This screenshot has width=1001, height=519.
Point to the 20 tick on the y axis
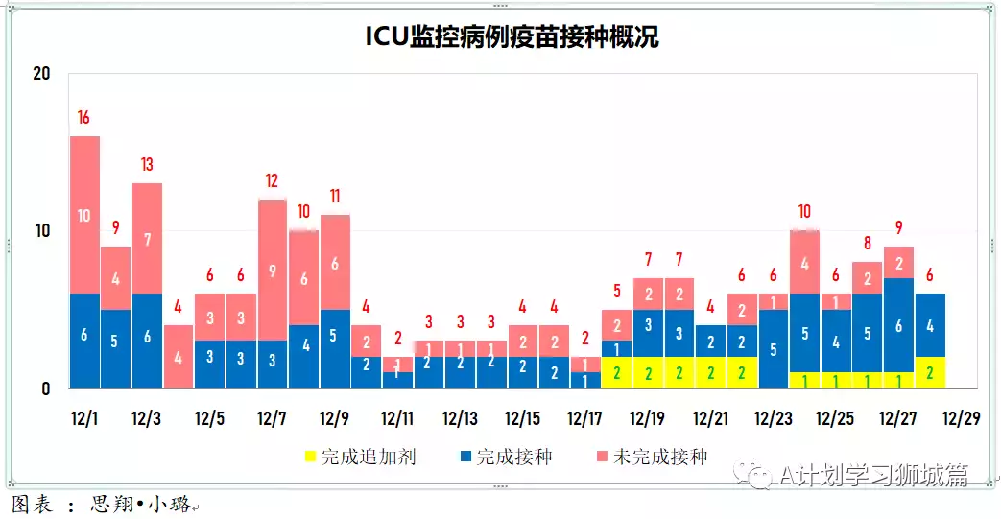[x=40, y=74]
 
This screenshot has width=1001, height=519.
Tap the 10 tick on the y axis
[x=40, y=231]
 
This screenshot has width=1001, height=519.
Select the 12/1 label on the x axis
[x=84, y=419]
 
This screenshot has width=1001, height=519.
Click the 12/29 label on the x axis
[x=960, y=419]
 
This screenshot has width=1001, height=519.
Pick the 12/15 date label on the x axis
[x=523, y=419]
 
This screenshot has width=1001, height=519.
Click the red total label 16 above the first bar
[x=83, y=118]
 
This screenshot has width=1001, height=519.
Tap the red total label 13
[x=147, y=165]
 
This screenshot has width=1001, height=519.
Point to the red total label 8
[x=866, y=244]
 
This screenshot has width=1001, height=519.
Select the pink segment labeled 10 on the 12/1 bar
[x=83, y=215]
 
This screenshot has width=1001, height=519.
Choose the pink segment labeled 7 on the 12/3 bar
[x=147, y=238]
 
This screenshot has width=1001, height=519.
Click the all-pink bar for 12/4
[x=179, y=357]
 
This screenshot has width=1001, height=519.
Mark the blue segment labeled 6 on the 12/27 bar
[x=897, y=325]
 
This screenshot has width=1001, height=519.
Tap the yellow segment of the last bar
[x=929, y=372]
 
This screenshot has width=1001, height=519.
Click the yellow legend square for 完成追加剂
[x=309, y=458]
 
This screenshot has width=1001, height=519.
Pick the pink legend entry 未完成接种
[x=660, y=458]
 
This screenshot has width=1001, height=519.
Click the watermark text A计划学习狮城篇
[x=873, y=475]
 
